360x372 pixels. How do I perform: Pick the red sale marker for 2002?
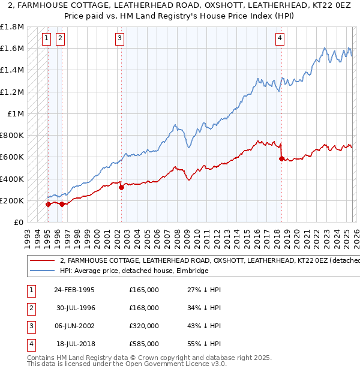(x=121, y=187)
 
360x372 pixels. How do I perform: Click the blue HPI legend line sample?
(x=42, y=271)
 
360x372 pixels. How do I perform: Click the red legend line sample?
(x=42, y=260)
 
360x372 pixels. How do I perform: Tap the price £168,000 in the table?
(x=144, y=308)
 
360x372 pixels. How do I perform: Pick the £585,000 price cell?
(x=144, y=344)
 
